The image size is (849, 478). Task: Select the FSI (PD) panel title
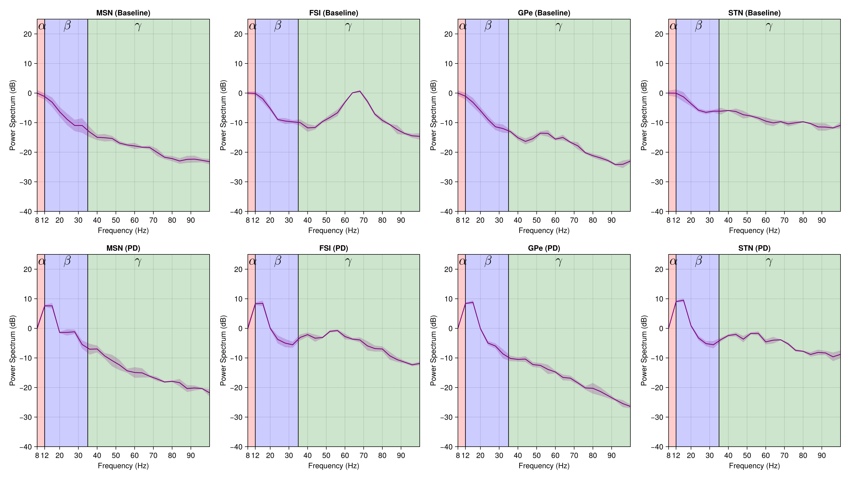click(333, 248)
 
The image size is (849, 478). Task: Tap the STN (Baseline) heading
click(754, 13)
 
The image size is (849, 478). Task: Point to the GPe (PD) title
click(544, 248)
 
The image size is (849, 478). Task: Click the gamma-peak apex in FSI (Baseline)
click(359, 91)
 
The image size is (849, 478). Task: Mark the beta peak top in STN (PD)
click(683, 300)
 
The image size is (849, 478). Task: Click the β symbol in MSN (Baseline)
click(67, 26)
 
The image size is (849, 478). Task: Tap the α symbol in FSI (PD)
click(253, 261)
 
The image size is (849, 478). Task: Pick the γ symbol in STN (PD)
click(769, 261)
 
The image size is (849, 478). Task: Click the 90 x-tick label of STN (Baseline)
click(822, 220)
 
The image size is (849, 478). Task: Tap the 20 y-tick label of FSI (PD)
click(238, 269)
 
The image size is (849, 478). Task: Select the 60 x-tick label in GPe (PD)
click(555, 456)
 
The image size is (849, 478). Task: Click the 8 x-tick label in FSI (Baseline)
click(248, 220)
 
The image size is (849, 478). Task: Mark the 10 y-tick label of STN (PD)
click(659, 299)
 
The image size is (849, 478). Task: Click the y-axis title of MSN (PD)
click(12, 350)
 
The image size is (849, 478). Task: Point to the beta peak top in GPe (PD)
click(473, 302)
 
